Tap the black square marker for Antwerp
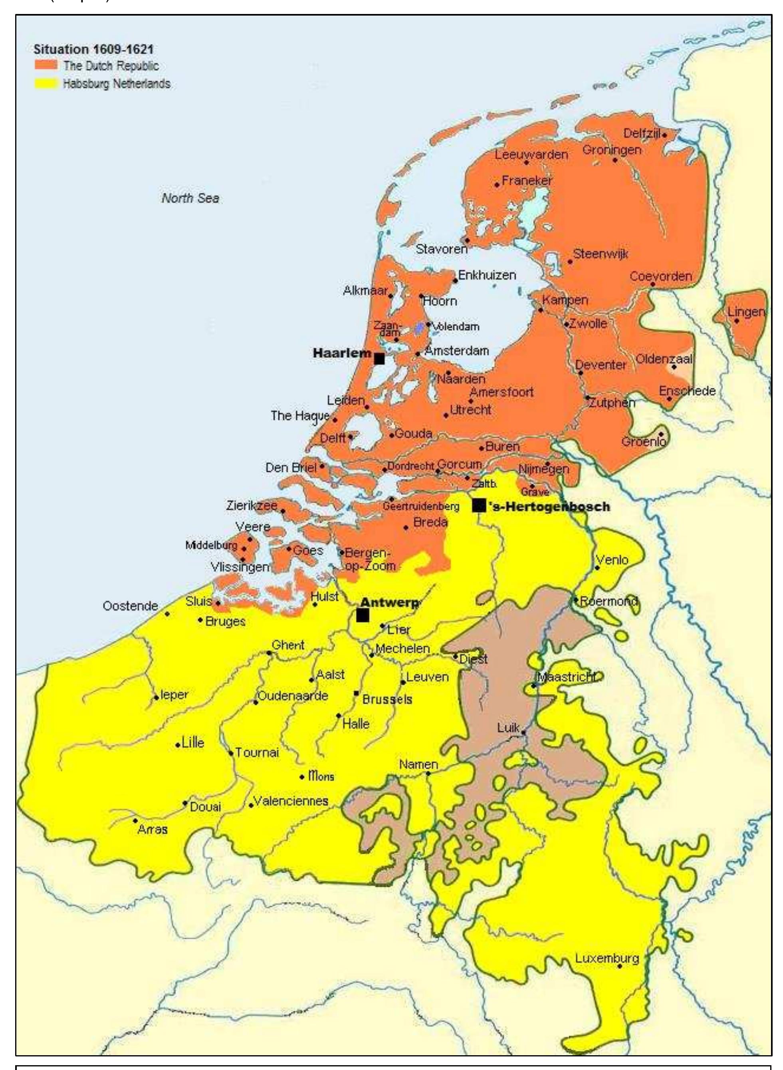[363, 615]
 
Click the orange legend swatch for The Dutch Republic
[46, 65]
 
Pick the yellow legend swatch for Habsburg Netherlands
[46, 83]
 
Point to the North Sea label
[190, 198]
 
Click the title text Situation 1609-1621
[93, 49]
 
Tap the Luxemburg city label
[607, 958]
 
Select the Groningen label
[611, 150]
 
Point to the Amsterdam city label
[456, 351]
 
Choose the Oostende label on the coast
[130, 606]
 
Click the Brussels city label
[387, 700]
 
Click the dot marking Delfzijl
[664, 135]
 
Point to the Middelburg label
[211, 545]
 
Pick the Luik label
[508, 727]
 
